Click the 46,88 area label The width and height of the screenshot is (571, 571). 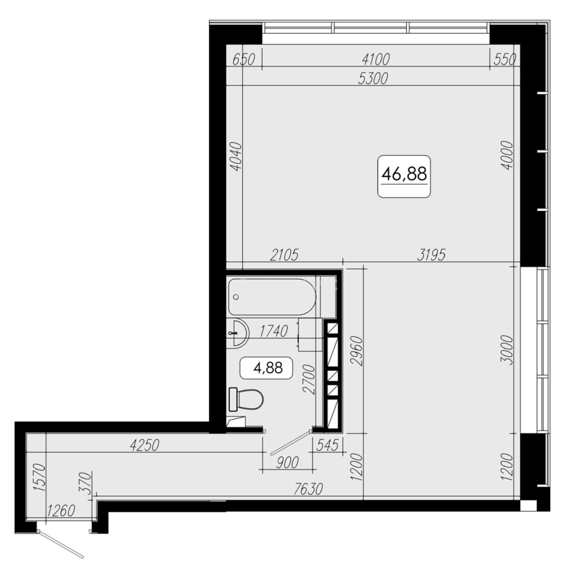click(x=404, y=174)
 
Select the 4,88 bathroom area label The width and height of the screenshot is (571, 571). click(x=268, y=368)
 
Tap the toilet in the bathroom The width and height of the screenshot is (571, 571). click(x=246, y=400)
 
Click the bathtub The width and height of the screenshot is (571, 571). click(x=272, y=297)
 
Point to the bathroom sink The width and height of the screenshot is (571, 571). click(x=237, y=332)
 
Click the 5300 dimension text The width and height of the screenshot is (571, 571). click(x=373, y=78)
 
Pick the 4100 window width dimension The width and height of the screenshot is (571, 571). click(x=375, y=59)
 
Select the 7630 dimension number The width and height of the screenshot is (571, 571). click(x=308, y=489)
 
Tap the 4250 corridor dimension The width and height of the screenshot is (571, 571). click(x=144, y=445)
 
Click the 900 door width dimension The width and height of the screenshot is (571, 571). click(x=287, y=463)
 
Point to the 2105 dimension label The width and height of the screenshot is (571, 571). click(x=284, y=255)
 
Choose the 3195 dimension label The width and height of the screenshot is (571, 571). click(x=431, y=255)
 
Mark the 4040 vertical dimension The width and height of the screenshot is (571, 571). click(x=236, y=156)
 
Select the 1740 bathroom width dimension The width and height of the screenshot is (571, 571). click(x=273, y=331)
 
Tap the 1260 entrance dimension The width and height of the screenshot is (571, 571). click(x=61, y=511)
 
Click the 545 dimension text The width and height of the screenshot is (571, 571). click(x=328, y=445)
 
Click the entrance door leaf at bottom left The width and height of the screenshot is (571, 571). click(x=61, y=545)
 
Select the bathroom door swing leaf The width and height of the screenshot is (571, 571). click(x=291, y=443)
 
